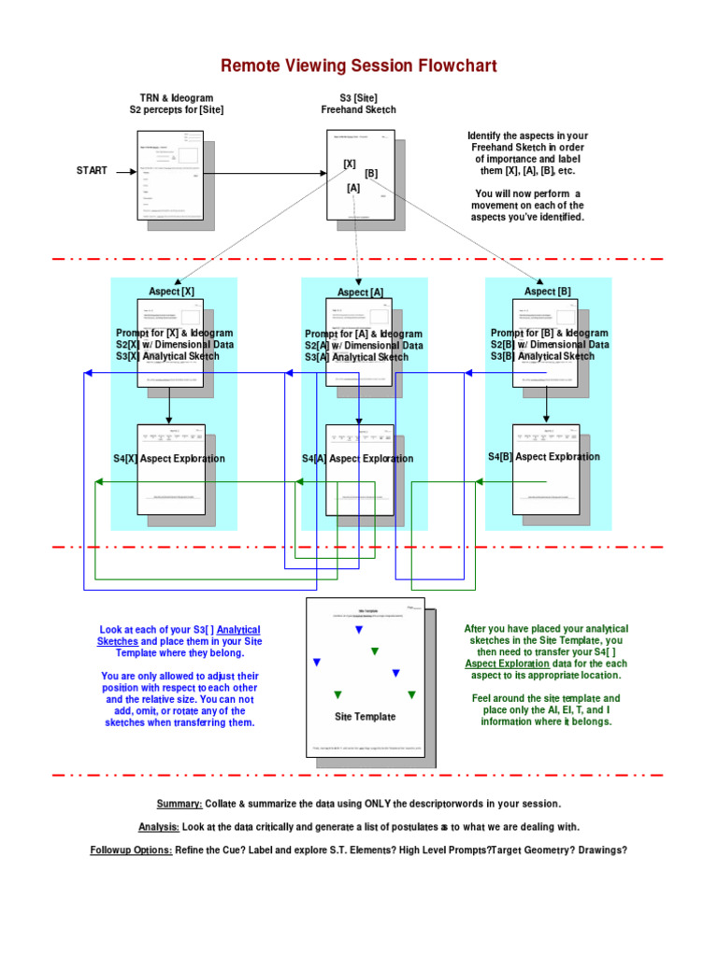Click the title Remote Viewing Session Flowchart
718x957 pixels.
359,65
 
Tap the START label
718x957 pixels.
92,171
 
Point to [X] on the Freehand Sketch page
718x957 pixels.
350,164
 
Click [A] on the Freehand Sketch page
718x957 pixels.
353,188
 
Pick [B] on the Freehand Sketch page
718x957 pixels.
371,174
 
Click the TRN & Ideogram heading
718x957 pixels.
176,98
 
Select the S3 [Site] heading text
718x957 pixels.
358,98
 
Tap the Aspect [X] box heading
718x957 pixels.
171,292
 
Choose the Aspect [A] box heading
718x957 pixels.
360,293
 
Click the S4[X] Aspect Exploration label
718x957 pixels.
169,459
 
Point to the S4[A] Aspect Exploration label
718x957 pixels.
358,459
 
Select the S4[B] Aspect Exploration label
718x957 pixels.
544,457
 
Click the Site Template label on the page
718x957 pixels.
366,717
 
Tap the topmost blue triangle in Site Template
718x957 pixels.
358,631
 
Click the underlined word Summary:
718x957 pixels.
179,804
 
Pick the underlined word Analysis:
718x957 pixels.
159,827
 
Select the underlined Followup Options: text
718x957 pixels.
131,850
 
